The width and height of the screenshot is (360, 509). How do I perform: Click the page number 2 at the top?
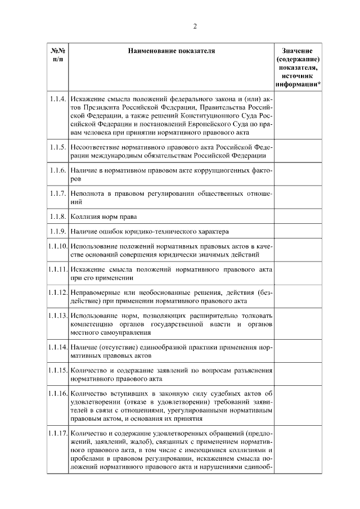(x=195, y=26)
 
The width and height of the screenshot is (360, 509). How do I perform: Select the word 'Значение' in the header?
(x=298, y=51)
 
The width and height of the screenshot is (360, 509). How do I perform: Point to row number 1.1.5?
(x=57, y=147)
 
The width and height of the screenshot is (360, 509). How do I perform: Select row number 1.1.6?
(x=57, y=170)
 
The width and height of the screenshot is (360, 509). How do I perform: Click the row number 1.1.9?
(x=57, y=231)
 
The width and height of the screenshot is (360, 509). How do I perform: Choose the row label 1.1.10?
(x=57, y=246)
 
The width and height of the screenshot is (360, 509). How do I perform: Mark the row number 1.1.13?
(x=57, y=316)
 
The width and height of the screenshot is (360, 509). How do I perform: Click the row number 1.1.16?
(x=57, y=393)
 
